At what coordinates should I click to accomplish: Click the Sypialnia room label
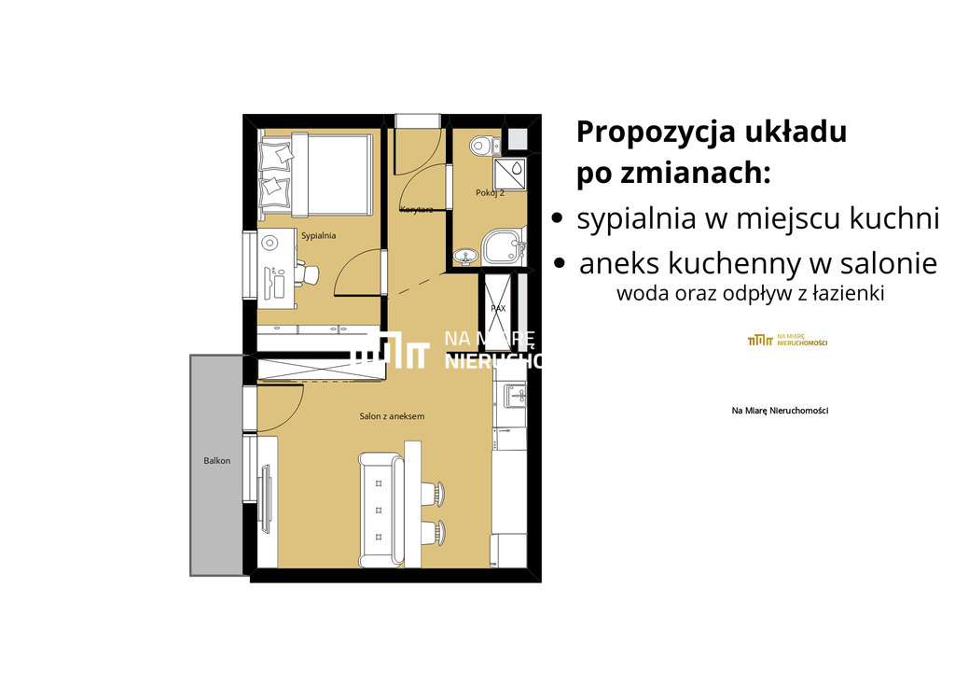pos(318,236)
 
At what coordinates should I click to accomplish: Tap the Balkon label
pos(217,461)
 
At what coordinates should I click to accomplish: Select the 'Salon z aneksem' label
pos(392,416)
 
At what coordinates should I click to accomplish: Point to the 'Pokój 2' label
pos(490,192)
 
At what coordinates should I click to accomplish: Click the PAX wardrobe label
pos(498,307)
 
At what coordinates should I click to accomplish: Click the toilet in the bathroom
pos(482,145)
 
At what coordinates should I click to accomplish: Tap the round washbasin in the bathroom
pos(464,255)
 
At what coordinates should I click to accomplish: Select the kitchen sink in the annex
pos(516,397)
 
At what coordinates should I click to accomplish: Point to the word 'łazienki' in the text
pos(851,293)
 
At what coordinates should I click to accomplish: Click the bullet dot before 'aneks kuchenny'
pos(560,264)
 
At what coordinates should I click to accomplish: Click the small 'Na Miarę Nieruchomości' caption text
pos(780,411)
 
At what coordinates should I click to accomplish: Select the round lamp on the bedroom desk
pos(270,243)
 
